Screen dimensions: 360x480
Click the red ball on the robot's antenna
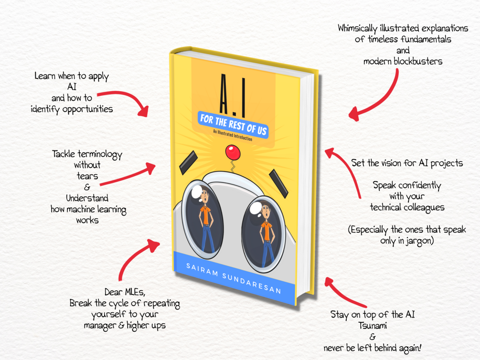[233, 152]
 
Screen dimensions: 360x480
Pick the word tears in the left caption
[87, 176]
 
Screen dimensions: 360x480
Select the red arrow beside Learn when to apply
[130, 99]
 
